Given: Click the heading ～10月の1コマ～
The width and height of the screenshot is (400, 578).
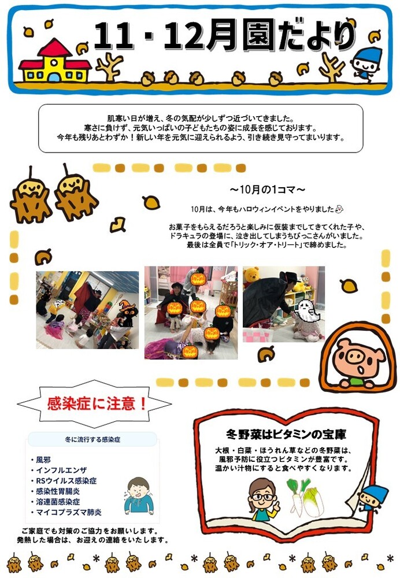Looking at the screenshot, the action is click(x=268, y=190).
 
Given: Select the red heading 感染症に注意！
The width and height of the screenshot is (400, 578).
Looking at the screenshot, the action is click(x=97, y=403).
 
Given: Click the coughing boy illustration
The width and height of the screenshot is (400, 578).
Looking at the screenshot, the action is click(x=138, y=496).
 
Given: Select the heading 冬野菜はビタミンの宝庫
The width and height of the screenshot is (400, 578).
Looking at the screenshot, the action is click(x=286, y=435).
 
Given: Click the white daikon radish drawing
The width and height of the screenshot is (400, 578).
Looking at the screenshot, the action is click(x=297, y=498).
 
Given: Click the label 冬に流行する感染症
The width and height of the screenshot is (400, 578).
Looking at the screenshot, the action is click(x=92, y=439).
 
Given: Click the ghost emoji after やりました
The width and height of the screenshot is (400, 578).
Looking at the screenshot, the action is click(x=339, y=209).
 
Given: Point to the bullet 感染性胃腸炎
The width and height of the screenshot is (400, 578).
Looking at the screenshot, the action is click(x=58, y=491).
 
